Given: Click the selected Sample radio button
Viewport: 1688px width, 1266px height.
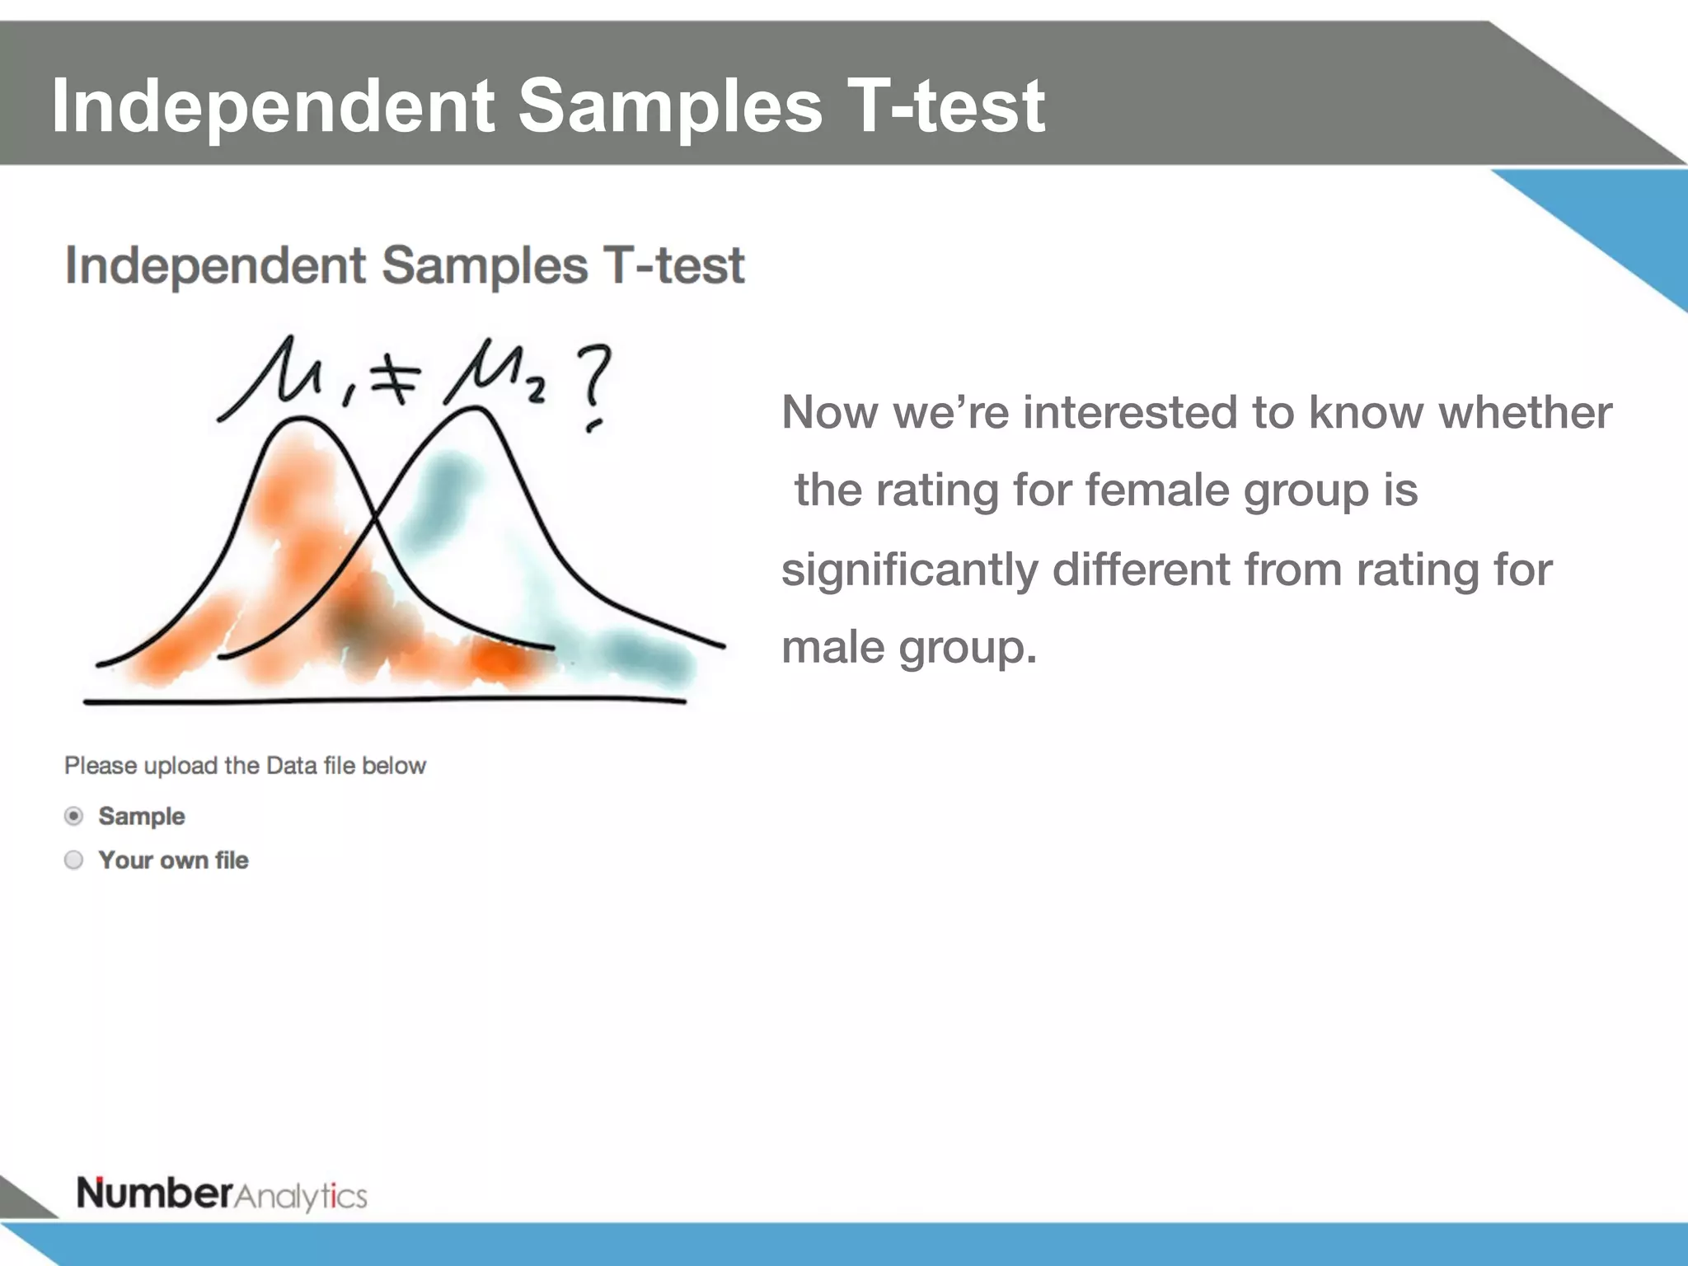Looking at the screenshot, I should (x=73, y=816).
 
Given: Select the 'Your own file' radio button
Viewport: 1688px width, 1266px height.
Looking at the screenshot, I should (x=73, y=860).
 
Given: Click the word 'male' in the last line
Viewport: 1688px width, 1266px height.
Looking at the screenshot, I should (x=833, y=648).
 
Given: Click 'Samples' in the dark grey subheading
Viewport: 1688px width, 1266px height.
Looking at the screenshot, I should (x=485, y=265).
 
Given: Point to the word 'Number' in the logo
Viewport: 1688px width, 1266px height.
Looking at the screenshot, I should (x=155, y=1193).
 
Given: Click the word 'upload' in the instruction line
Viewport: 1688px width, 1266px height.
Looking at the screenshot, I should (x=181, y=766).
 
